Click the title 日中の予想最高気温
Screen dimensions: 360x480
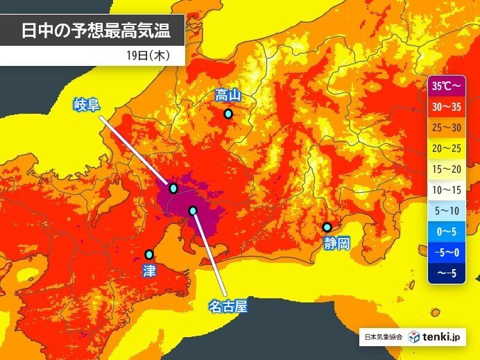94,31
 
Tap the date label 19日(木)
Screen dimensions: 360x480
145,55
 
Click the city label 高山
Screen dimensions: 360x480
228,95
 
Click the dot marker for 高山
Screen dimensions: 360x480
228,114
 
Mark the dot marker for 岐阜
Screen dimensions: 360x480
173,188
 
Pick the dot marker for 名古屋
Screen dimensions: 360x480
193,210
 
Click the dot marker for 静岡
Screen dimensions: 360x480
327,227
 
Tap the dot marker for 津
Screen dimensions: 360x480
149,255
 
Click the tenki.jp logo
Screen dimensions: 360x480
434,338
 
